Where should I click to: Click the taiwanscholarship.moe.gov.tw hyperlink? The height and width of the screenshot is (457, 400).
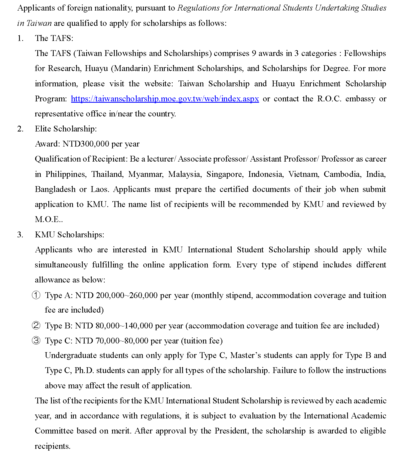click(165, 99)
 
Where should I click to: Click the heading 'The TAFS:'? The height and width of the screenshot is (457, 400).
click(54, 38)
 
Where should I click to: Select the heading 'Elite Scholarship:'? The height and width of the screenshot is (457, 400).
click(66, 129)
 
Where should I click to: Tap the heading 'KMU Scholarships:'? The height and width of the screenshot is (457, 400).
click(70, 234)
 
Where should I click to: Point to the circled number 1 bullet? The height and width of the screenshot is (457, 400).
click(36, 295)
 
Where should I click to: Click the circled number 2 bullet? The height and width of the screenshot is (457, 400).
click(36, 326)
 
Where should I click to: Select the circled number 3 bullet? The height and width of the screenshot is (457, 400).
click(36, 341)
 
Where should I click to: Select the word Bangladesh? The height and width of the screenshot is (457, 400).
click(55, 189)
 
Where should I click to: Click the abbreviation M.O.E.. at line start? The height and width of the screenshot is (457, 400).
click(49, 219)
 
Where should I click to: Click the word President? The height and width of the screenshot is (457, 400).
click(231, 431)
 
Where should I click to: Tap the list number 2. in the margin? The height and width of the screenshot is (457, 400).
click(20, 129)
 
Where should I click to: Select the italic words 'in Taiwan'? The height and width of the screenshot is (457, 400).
click(34, 23)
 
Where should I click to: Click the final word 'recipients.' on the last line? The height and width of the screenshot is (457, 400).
click(53, 446)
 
